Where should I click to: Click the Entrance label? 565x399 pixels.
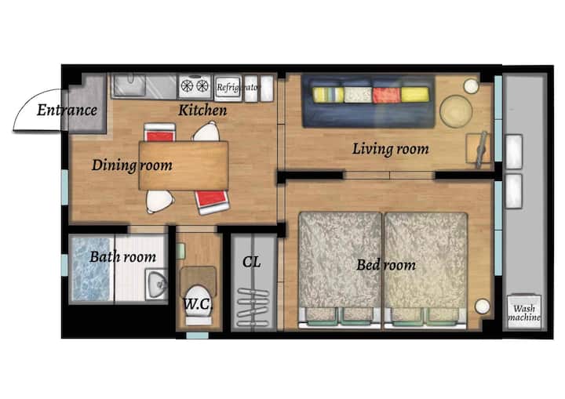(x=67, y=111)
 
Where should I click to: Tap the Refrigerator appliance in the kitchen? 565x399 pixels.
(x=228, y=88)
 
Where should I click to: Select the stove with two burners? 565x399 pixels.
(x=195, y=86)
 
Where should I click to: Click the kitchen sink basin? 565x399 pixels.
(x=129, y=85)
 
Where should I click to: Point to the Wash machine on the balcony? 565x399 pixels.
(x=524, y=312)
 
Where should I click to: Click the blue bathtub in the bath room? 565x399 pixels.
(x=91, y=268)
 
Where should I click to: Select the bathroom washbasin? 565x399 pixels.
(x=156, y=285)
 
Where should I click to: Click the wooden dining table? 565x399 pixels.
(x=184, y=165)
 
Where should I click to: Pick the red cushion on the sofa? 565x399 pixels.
(x=386, y=95)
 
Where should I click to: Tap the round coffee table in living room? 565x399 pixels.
(x=456, y=111)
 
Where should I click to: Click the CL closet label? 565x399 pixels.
(x=251, y=262)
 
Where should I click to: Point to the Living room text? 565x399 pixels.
(x=390, y=149)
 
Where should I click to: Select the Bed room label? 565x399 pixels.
(x=386, y=265)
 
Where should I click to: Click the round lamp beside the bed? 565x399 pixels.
(x=482, y=307)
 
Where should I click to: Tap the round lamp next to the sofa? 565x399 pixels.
(x=471, y=86)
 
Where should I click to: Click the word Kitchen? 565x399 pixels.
(x=202, y=111)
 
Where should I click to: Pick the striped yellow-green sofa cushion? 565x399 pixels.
(x=328, y=95)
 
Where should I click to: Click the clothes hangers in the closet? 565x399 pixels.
(x=253, y=307)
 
